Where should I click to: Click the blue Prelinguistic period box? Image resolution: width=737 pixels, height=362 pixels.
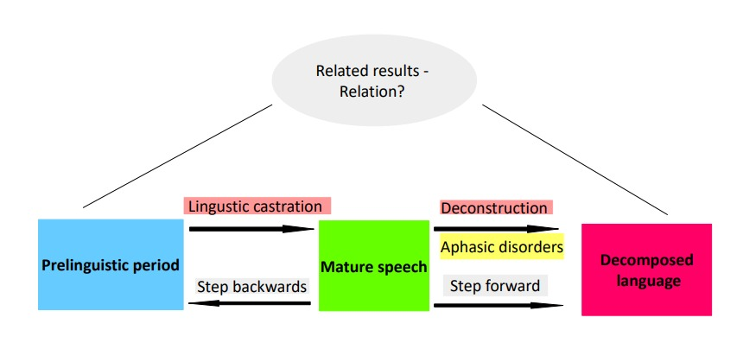111,264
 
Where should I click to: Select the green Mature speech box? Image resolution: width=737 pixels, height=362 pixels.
373,265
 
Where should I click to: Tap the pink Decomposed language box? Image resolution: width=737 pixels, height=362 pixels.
646,269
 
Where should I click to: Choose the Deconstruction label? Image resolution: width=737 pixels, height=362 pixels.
494,208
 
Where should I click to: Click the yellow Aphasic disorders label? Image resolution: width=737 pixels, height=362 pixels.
501,247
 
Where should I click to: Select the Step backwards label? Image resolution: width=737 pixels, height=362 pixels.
252,286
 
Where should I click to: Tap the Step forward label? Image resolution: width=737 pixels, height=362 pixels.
495,285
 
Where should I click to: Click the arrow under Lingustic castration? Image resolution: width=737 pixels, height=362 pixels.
251,229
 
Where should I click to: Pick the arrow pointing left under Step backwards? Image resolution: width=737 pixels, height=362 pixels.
251,303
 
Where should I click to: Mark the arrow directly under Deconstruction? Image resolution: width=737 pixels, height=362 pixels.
497,229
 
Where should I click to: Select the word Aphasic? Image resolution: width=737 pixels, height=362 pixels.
469,247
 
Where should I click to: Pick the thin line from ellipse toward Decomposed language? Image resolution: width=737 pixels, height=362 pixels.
575,160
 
